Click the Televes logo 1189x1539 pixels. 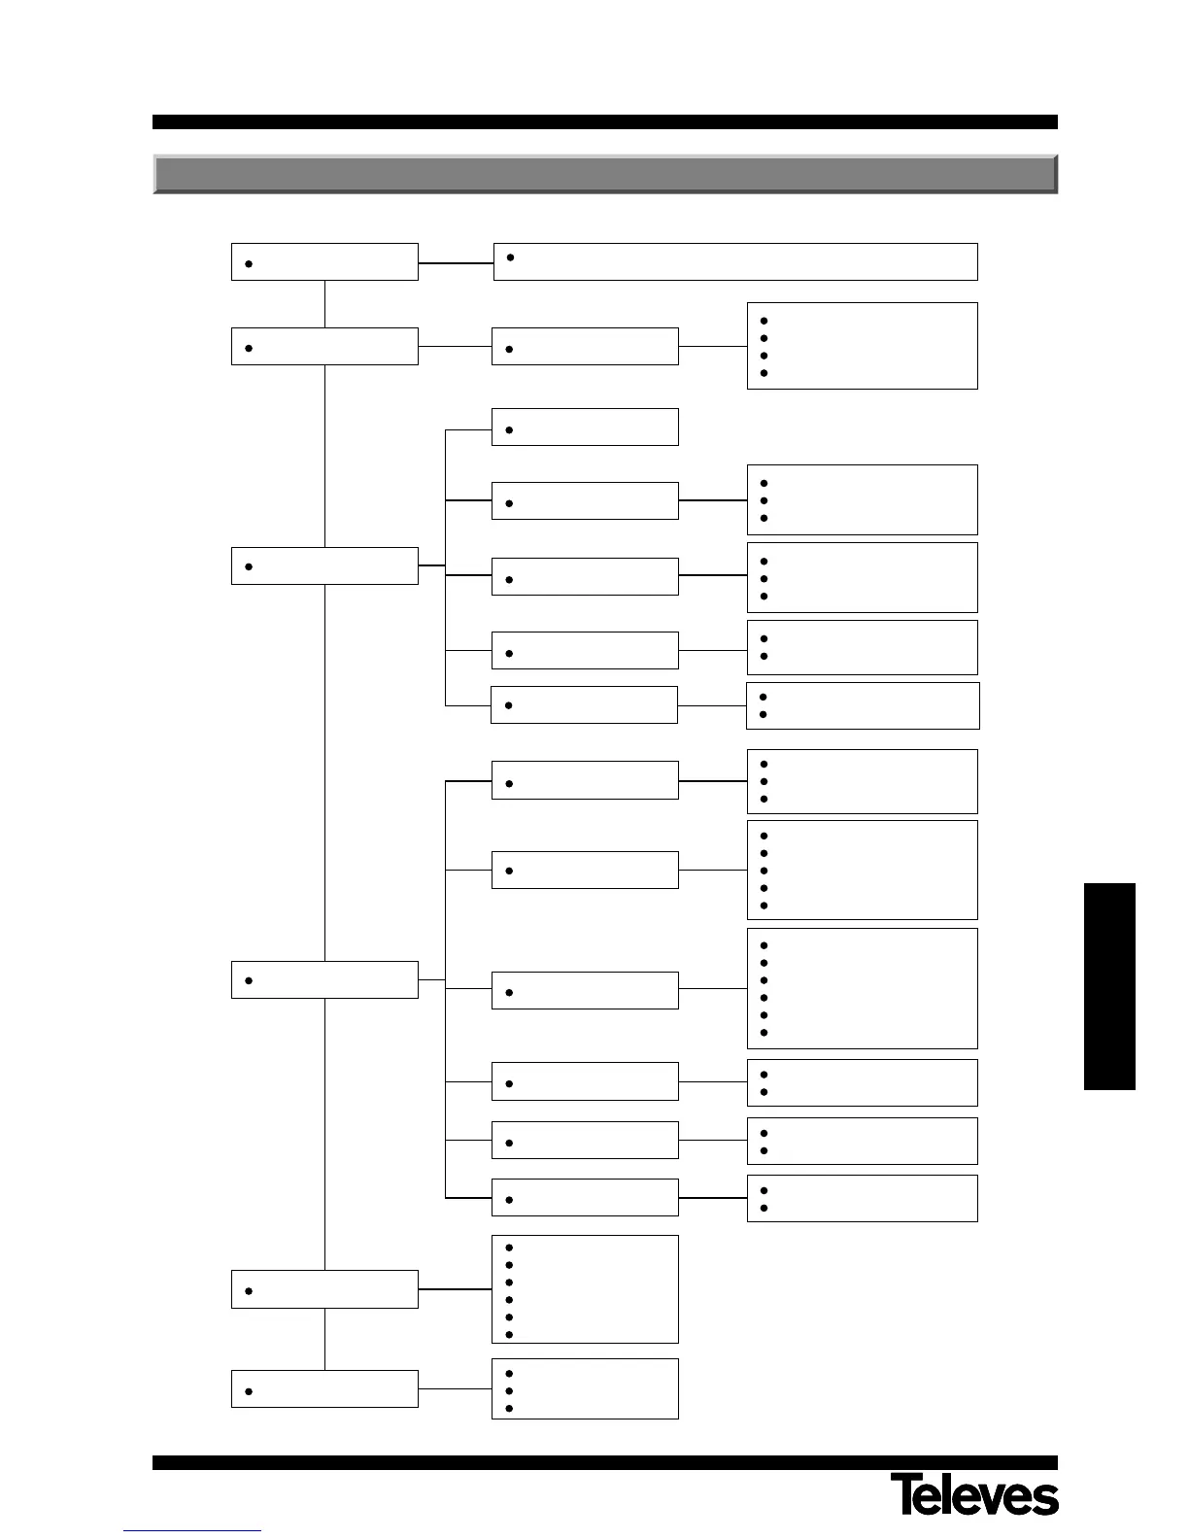[x=974, y=1494]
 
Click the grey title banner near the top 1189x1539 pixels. [x=604, y=174]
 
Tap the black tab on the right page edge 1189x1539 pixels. [x=1109, y=986]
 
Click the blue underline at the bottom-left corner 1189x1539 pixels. [x=192, y=1531]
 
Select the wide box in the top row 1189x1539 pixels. [x=735, y=261]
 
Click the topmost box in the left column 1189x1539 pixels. [x=324, y=262]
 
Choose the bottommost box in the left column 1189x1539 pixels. [x=324, y=1388]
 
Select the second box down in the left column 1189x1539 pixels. [x=324, y=347]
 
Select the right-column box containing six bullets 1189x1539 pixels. [x=862, y=988]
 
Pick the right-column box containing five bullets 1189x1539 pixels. [x=862, y=870]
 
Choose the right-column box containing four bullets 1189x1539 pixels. [x=862, y=346]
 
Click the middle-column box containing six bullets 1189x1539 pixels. [x=585, y=1289]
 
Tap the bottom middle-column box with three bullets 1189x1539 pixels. [x=585, y=1388]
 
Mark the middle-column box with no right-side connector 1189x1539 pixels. [x=585, y=427]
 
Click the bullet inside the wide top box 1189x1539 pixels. [x=511, y=256]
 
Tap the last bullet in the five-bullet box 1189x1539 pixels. [x=764, y=906]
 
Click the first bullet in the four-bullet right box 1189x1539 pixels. [x=764, y=320]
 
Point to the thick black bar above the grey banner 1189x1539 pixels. [x=604, y=122]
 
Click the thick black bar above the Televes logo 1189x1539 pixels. [x=604, y=1462]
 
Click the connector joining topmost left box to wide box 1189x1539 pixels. [x=456, y=262]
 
